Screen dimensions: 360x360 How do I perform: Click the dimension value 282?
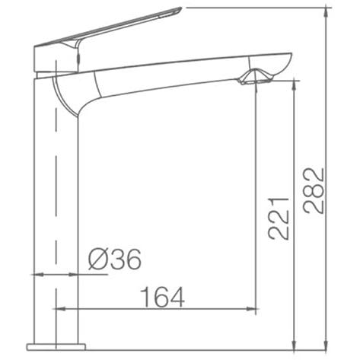pos(314,190)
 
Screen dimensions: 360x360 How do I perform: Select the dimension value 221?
pos(279,218)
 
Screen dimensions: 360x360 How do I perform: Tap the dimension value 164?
pos(163,297)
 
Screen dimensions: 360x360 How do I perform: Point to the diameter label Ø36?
pos(114,259)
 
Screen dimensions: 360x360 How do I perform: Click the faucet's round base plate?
pos(56,346)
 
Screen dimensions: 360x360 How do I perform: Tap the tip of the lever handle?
pos(181,8)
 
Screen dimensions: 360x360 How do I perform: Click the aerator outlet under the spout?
pos(256,79)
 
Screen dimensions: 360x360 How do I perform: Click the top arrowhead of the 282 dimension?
pos(327,13)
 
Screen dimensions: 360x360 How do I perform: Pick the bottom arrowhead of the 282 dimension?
pos(327,345)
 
